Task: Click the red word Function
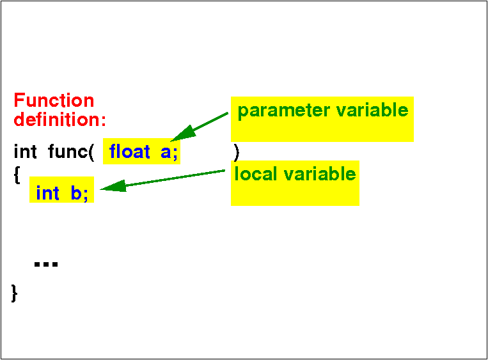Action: [x=54, y=100]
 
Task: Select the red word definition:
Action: [x=60, y=119]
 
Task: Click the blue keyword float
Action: [x=129, y=152]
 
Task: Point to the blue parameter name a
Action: [x=166, y=153]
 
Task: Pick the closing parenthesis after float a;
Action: [x=237, y=153]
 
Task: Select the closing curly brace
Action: [x=14, y=293]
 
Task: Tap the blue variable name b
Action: [x=76, y=193]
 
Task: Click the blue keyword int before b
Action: [x=47, y=193]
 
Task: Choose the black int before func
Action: [x=25, y=152]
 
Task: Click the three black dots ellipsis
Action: [x=46, y=264]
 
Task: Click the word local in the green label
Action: [x=256, y=174]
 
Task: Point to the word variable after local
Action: [x=320, y=174]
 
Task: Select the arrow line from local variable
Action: [x=162, y=180]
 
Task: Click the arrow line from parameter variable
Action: [x=199, y=127]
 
